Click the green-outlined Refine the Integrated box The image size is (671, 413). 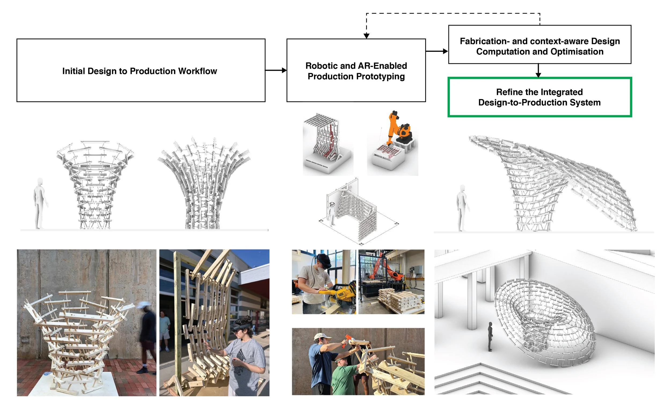tap(539, 97)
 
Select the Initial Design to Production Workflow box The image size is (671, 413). tap(141, 70)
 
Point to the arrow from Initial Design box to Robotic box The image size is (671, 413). tap(276, 70)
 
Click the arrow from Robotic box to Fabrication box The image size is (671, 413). tap(437, 51)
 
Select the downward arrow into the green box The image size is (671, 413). tap(538, 72)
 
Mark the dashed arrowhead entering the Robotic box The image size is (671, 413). tap(366, 36)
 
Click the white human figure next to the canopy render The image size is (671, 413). tap(461, 208)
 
